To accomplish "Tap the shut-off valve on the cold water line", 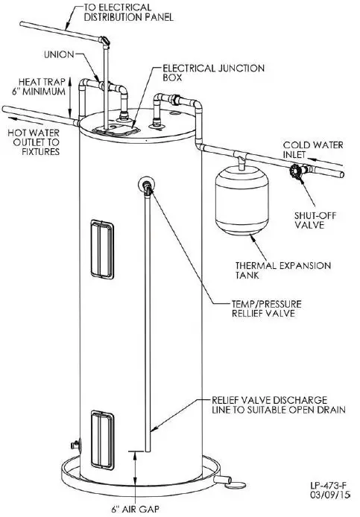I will (296, 176).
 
